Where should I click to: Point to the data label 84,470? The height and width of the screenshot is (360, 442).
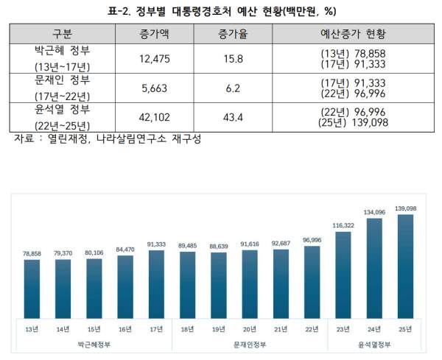tap(126, 250)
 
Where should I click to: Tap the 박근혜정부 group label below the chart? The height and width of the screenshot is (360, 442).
tap(94, 343)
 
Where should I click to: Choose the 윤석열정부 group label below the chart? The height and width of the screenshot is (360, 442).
tap(373, 343)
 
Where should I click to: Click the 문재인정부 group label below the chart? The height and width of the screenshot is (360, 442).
tap(250, 343)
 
